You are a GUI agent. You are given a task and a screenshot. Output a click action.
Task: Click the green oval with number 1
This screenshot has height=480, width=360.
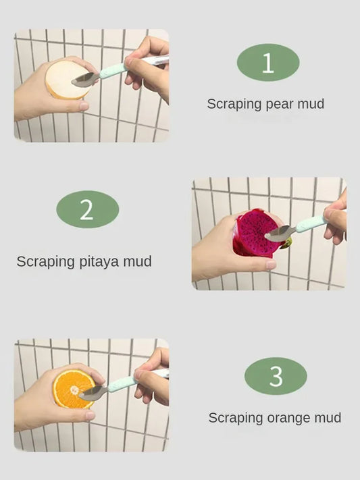[x=267, y=63]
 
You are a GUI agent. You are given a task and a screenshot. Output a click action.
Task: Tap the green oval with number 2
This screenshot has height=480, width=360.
[x=87, y=209]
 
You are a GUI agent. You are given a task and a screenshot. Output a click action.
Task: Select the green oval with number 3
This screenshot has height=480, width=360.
[x=276, y=376]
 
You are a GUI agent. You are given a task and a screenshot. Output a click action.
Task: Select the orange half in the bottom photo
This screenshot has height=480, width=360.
[x=70, y=388]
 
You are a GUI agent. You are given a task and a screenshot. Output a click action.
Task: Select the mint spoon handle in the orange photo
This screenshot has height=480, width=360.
[x=122, y=383]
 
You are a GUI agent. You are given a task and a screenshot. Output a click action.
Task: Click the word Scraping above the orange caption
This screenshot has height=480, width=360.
[x=233, y=418]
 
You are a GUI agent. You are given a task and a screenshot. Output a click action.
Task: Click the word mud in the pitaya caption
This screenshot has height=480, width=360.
[x=137, y=261]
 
